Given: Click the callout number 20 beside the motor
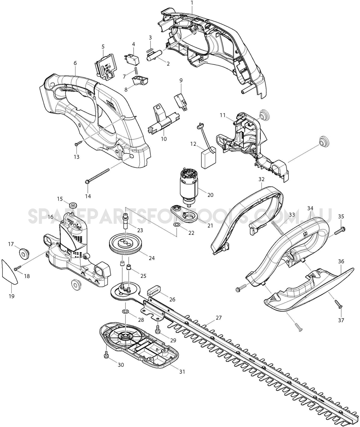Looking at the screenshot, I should pyautogui.click(x=210, y=195).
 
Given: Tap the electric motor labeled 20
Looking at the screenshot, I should pyautogui.click(x=189, y=187).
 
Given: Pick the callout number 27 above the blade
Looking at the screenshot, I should pyautogui.click(x=219, y=318).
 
